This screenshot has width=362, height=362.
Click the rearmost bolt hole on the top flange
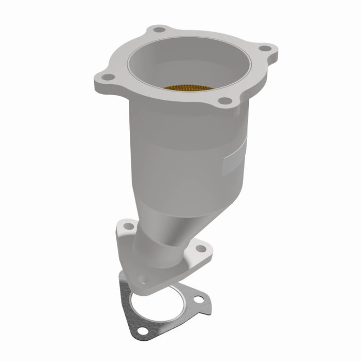click(x=159, y=29)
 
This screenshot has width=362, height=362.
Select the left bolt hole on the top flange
click(x=108, y=77)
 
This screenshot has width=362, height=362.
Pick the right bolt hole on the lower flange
click(x=201, y=249)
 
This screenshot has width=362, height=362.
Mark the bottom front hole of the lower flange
click(x=143, y=280)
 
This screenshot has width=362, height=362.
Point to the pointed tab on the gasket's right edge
click(x=208, y=311)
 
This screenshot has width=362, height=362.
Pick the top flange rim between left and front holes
click(x=155, y=96)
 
